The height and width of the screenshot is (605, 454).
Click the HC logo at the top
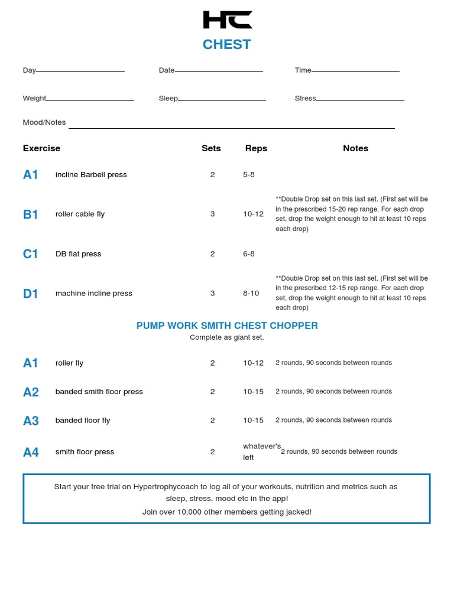click(x=227, y=19)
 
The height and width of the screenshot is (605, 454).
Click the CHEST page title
click(x=226, y=44)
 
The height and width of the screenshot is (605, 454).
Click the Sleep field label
click(x=168, y=98)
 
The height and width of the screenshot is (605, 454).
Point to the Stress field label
click(x=305, y=98)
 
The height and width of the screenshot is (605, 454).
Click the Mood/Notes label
click(x=44, y=122)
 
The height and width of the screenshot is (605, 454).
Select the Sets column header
click(x=211, y=148)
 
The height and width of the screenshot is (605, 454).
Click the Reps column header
click(x=256, y=148)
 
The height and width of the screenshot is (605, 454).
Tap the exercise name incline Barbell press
click(x=91, y=174)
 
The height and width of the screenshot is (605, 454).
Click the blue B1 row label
click(x=30, y=214)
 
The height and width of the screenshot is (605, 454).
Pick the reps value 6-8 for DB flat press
click(x=249, y=254)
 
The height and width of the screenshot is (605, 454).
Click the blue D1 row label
click(x=30, y=294)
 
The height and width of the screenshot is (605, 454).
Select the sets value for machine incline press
click(x=213, y=293)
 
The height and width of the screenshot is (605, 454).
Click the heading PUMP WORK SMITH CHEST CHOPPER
click(x=227, y=326)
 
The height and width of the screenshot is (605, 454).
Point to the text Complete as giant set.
click(x=227, y=337)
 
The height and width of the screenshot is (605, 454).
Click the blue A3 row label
click(x=31, y=421)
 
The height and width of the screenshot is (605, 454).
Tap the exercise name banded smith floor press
click(x=99, y=392)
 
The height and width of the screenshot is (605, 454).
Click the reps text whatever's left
click(x=261, y=452)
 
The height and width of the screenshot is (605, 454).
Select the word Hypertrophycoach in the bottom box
click(x=163, y=487)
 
